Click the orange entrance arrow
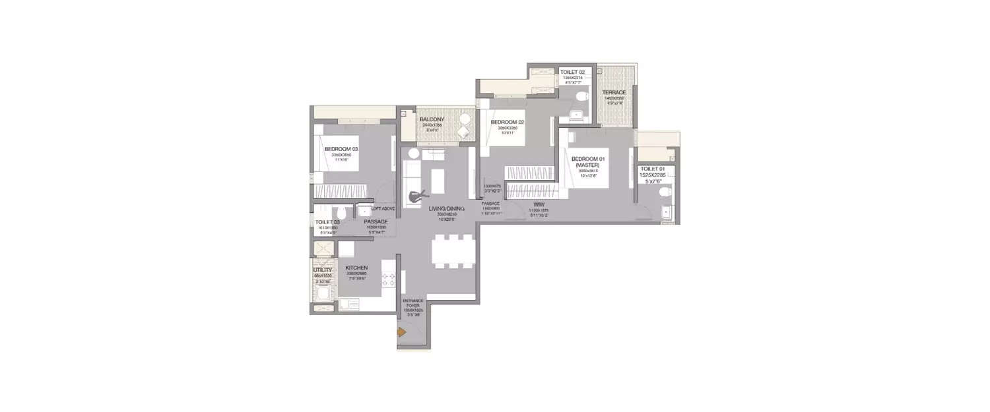pyautogui.click(x=401, y=333)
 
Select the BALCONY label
pyautogui.click(x=431, y=119)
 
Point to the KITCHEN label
pyautogui.click(x=356, y=268)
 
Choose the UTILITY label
pyautogui.click(x=322, y=270)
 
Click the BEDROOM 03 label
pyautogui.click(x=341, y=149)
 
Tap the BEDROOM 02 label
pyautogui.click(x=507, y=122)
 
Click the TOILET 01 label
pyautogui.click(x=653, y=169)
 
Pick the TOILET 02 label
pyautogui.click(x=573, y=71)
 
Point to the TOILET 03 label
pyautogui.click(x=327, y=222)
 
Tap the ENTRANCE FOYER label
pyautogui.click(x=412, y=304)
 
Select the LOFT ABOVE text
pyautogui.click(x=383, y=208)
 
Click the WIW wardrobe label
pyautogui.click(x=539, y=205)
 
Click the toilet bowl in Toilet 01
pyautogui.click(x=665, y=192)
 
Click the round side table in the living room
pyautogui.click(x=414, y=153)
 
